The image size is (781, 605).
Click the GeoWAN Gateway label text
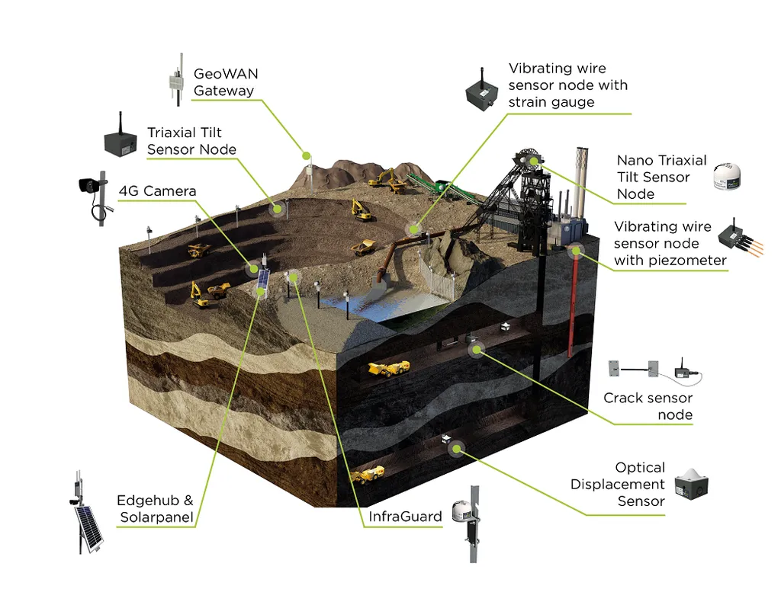[x=226, y=82]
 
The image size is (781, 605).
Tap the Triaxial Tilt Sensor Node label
[x=191, y=141]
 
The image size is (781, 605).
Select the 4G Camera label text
[x=157, y=191]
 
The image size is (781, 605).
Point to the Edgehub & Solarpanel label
[x=156, y=509]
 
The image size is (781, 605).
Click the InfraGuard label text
[x=405, y=517]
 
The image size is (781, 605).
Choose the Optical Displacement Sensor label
[x=618, y=484]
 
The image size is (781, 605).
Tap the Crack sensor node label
[x=648, y=406]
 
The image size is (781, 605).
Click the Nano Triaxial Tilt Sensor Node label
[x=661, y=177]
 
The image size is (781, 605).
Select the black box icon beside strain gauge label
[x=482, y=89]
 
